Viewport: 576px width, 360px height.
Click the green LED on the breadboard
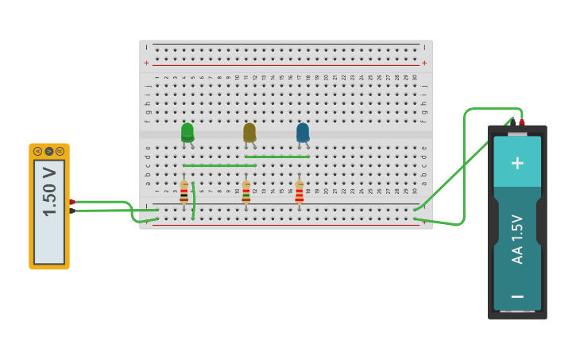tap(187, 132)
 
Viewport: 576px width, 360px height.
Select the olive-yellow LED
tap(249, 132)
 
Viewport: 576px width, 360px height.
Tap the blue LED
tap(303, 132)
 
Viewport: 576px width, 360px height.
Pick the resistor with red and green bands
tap(246, 192)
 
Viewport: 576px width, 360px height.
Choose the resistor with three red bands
tap(300, 192)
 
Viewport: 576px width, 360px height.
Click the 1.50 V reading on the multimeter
tap(49, 192)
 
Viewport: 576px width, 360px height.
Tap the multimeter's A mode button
tap(37, 151)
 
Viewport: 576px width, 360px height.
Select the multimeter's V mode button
tap(48, 151)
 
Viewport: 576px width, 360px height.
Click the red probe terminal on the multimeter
tap(72, 202)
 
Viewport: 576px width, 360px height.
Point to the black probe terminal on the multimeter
tap(72, 211)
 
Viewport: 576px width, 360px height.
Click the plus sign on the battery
tap(517, 163)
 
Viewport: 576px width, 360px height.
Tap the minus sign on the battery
tap(517, 296)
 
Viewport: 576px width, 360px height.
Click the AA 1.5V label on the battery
tap(517, 239)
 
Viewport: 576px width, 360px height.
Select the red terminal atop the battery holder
tap(522, 122)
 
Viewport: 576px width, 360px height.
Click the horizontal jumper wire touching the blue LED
tap(277, 157)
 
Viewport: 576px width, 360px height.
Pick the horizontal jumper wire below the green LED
tap(218, 165)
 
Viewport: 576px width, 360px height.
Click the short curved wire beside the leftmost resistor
tap(194, 200)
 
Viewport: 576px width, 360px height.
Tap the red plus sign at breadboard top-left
tap(146, 63)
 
